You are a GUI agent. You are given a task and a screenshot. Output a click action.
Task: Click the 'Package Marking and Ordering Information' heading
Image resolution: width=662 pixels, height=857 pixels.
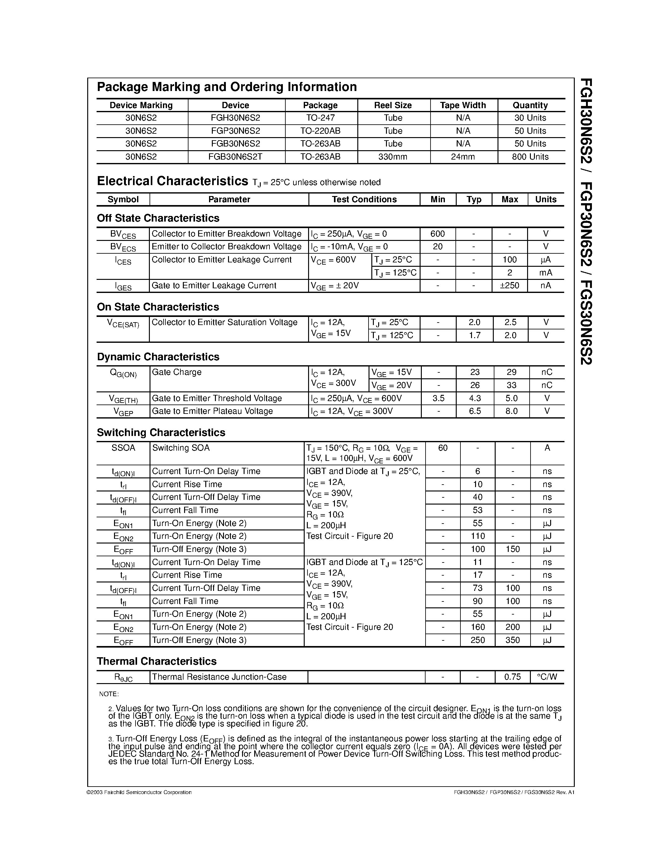[227, 87]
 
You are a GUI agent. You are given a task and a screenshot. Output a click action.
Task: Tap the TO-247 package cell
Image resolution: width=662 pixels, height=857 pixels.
[321, 118]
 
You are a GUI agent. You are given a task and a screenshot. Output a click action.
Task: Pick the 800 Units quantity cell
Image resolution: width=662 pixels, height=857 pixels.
[530, 156]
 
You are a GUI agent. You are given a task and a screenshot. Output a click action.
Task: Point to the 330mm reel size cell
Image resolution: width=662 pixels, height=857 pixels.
[393, 156]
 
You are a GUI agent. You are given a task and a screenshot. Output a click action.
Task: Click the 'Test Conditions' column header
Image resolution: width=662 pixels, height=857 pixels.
[364, 199]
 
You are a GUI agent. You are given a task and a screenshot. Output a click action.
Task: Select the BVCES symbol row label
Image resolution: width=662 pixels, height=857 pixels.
[123, 234]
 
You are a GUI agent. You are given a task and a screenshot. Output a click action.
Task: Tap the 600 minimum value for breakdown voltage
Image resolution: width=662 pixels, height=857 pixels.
[438, 234]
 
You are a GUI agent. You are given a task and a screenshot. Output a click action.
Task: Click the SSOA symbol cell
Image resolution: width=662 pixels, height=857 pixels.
[123, 448]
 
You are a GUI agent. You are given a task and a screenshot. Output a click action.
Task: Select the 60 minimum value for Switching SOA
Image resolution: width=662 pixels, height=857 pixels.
[443, 448]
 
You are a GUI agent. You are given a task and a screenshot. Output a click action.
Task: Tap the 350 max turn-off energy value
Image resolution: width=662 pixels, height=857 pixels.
[512, 640]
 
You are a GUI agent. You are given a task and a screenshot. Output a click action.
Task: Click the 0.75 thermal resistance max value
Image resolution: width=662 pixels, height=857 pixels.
[512, 677]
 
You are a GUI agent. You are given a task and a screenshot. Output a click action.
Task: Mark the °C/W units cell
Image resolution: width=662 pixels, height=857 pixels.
[547, 677]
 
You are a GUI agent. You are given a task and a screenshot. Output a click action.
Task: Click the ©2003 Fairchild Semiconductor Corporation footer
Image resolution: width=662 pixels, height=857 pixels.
[139, 792]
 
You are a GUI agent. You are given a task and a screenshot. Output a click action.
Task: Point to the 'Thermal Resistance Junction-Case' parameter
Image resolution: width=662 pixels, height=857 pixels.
[219, 677]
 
